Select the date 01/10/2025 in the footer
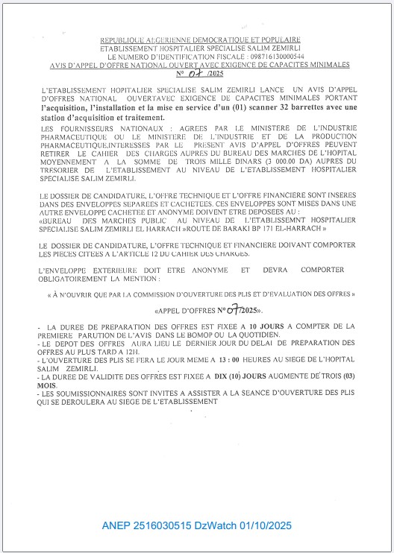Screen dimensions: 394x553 (263, 526)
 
